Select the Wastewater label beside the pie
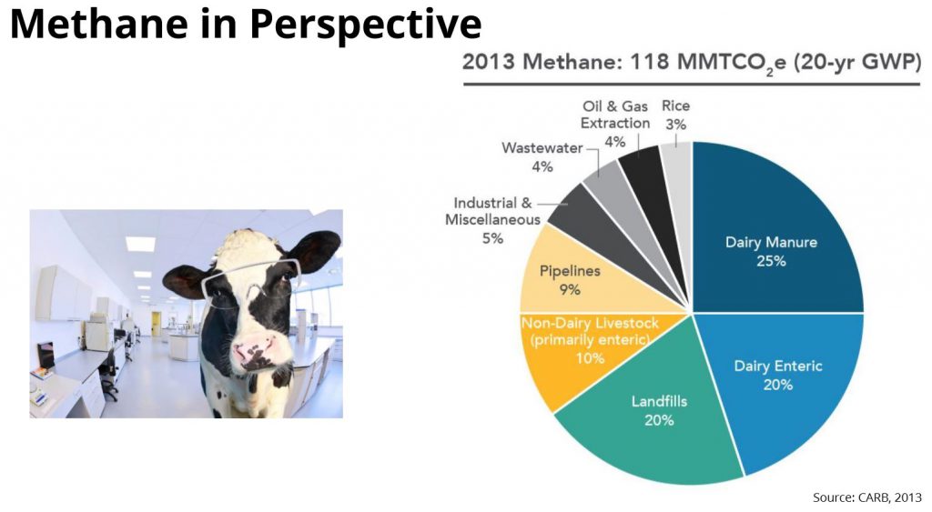[542, 147]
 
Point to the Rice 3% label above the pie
[675, 115]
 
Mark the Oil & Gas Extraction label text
[616, 115]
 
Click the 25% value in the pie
[769, 261]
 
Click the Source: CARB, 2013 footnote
[866, 497]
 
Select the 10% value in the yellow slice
[590, 357]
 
